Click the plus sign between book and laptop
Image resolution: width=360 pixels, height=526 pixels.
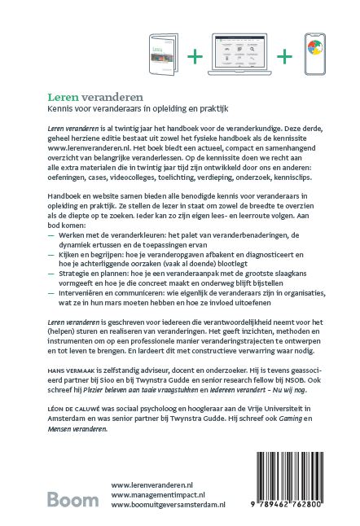(196, 56)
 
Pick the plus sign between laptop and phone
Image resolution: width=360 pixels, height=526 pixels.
(284, 56)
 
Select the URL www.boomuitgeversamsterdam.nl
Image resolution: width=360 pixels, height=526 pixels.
(168, 505)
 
